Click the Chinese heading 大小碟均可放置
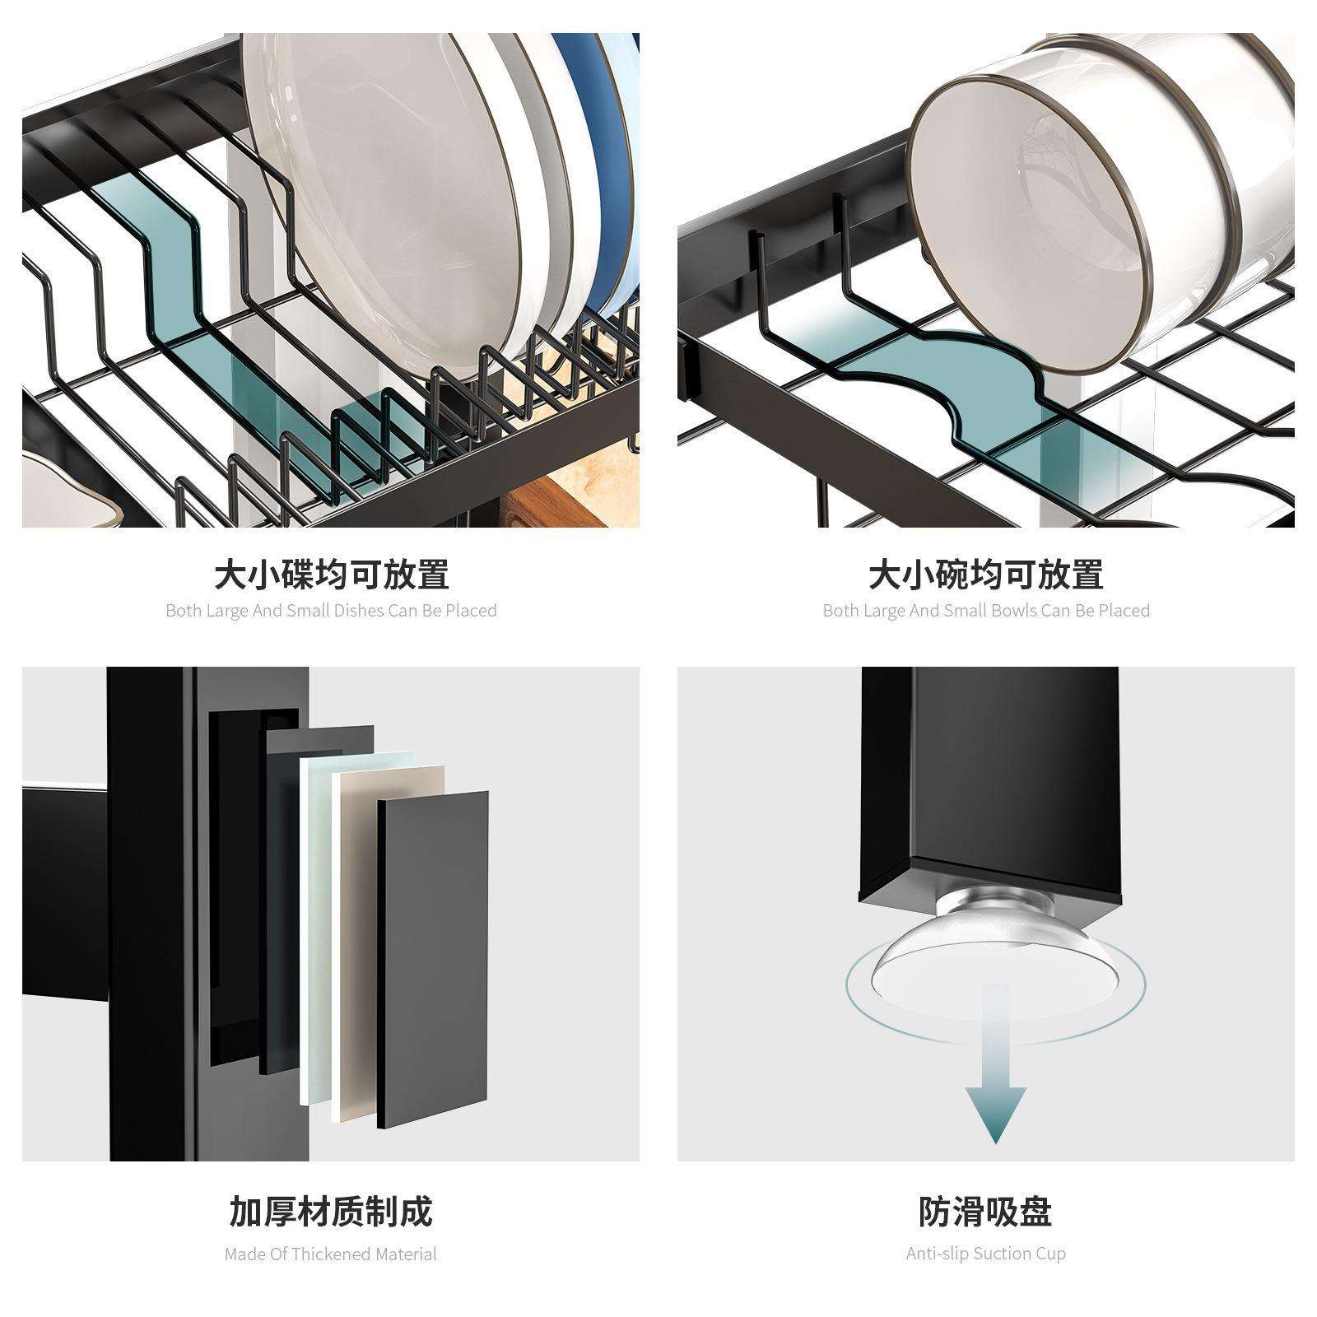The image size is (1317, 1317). [x=331, y=574]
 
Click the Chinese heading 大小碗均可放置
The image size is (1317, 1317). [x=985, y=574]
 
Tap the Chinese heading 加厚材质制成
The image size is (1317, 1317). [x=331, y=1212]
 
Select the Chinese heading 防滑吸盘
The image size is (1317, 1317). [x=985, y=1212]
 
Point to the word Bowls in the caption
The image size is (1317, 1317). [x=1014, y=611]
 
